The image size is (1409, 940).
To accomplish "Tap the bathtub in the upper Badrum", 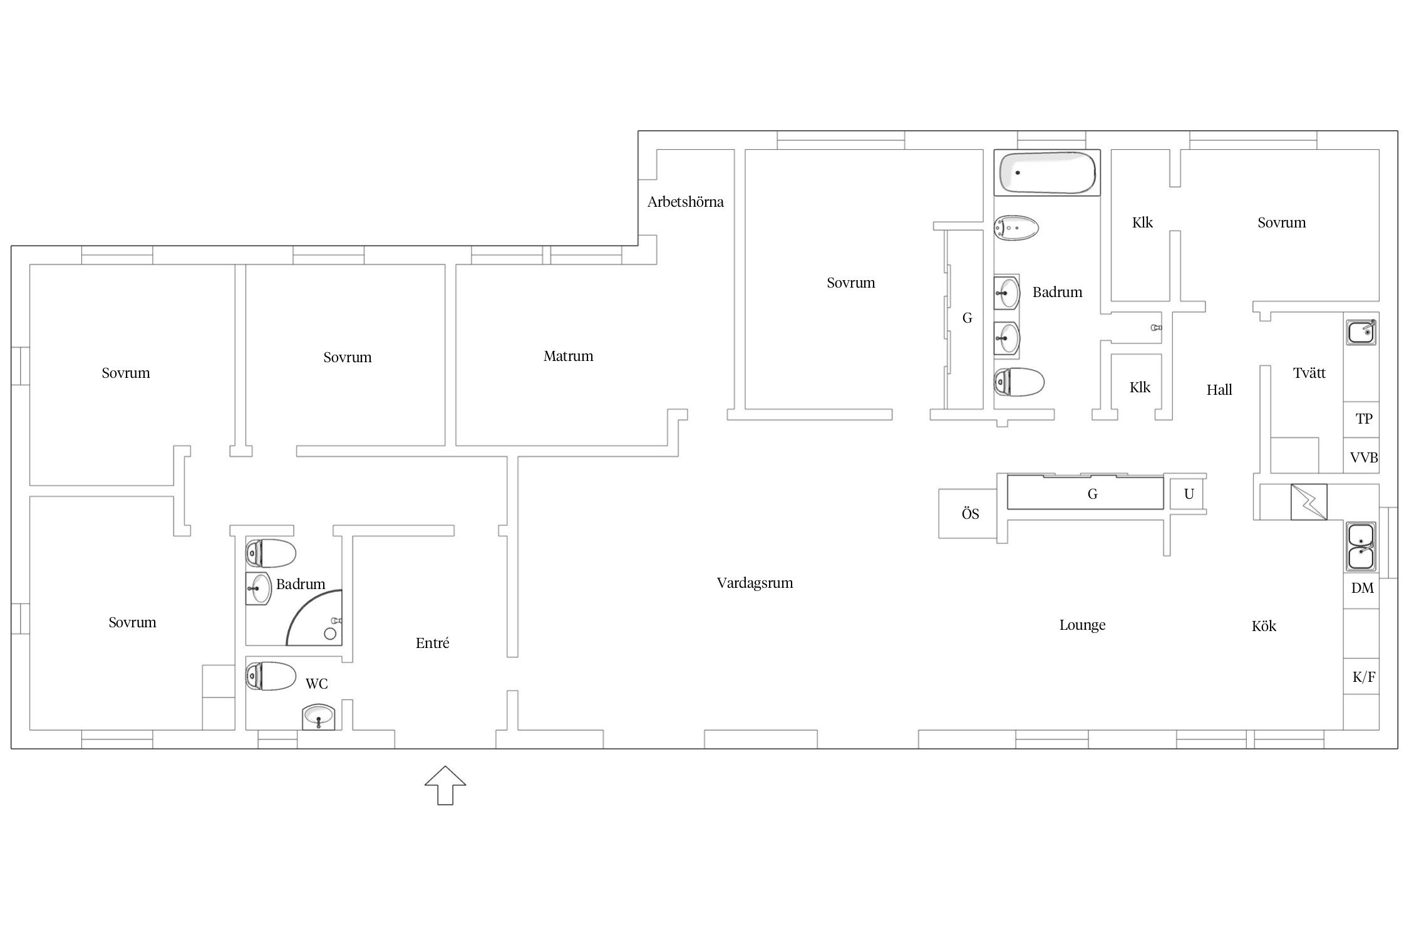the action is (x=1047, y=173).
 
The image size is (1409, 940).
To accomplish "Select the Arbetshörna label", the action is (x=685, y=202).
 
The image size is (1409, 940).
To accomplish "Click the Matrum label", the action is (x=568, y=356).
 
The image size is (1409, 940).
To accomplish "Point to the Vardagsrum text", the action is (x=755, y=583).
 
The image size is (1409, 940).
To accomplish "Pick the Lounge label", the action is (x=1082, y=625).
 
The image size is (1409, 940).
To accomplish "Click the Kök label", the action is (x=1264, y=625).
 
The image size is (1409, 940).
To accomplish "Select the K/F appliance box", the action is (x=1361, y=676).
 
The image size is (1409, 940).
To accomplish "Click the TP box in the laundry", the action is (x=1361, y=419).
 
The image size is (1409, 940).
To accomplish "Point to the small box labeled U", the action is (x=1188, y=494).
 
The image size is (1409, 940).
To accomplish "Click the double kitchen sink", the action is (x=1361, y=546).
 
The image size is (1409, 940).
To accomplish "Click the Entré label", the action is (x=432, y=643).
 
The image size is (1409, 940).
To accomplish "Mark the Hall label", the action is (x=1219, y=390).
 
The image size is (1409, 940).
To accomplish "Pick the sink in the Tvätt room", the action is (x=1361, y=332).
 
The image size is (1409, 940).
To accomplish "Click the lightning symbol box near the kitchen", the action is (x=1309, y=502).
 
